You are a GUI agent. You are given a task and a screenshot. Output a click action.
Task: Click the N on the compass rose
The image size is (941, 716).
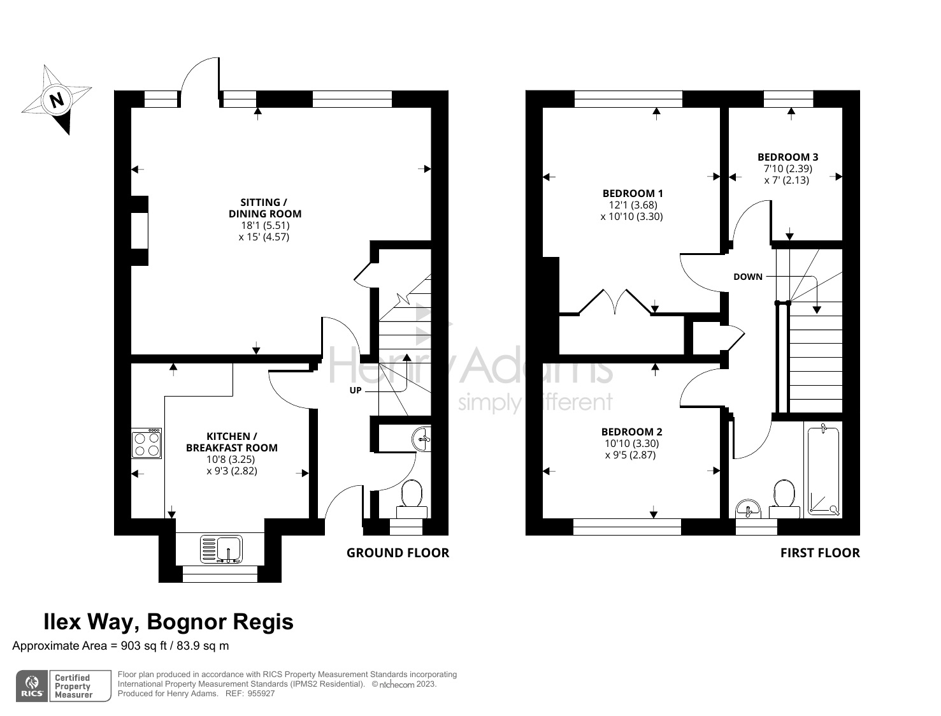[57, 100]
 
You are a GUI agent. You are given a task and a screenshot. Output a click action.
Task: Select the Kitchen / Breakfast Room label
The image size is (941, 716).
[231, 442]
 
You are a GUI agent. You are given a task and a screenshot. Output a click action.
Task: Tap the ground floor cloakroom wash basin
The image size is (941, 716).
[422, 439]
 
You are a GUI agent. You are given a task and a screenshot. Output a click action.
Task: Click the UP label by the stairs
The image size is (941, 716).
[355, 390]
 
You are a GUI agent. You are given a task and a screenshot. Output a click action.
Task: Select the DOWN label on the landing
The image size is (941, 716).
[747, 277]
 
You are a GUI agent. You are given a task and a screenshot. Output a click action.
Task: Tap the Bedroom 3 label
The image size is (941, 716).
[787, 157]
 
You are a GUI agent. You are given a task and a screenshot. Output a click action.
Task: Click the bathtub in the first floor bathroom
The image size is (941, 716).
[823, 471]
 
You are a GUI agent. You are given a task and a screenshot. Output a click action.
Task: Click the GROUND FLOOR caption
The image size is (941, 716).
[398, 553]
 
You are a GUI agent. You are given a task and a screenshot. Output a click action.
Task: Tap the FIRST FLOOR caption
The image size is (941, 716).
[819, 553]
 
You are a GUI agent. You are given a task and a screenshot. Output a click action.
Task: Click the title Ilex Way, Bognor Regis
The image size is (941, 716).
[168, 621]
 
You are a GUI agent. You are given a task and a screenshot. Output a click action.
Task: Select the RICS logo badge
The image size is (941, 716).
[32, 686]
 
